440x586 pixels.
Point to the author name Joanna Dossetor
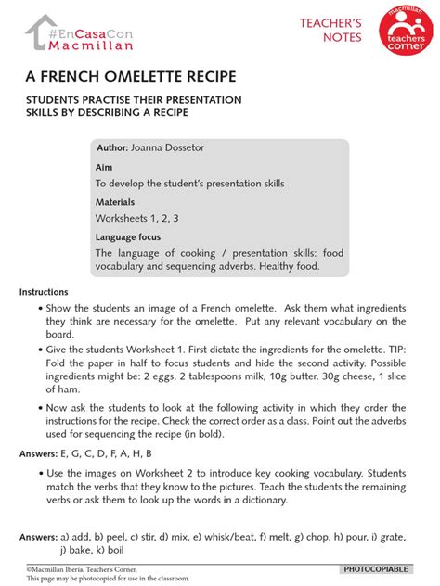pos(173,148)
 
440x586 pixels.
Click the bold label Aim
pos(102,167)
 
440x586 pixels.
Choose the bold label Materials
pos(114,201)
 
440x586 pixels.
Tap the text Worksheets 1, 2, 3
pos(136,218)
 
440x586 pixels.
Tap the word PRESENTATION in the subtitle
pos(196,99)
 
